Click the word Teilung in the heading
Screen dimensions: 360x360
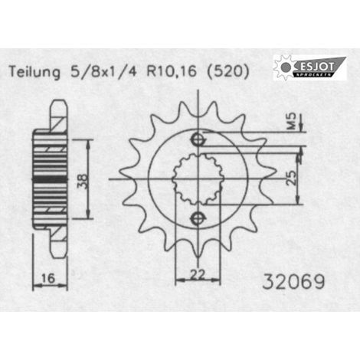[34, 72]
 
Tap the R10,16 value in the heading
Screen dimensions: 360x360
[172, 71]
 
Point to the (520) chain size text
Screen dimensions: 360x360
[227, 71]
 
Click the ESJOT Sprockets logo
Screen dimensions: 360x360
[309, 67]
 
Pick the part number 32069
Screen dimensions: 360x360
[293, 282]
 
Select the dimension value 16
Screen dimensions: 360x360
[48, 278]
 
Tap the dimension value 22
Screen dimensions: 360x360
[198, 274]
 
